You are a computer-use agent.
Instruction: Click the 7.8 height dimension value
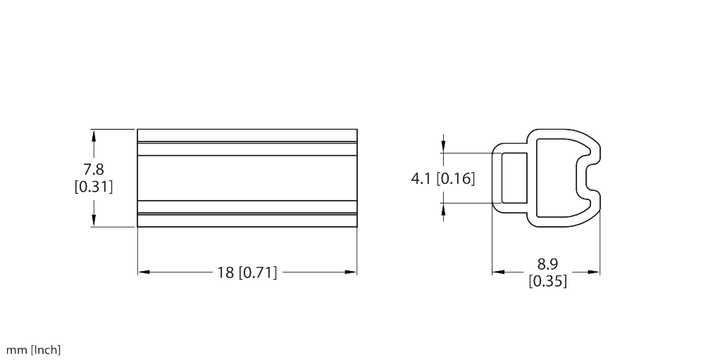point(93,170)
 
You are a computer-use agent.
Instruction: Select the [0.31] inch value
point(93,187)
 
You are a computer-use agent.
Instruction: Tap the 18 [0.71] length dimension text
point(247,273)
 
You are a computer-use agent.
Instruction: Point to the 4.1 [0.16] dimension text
point(442,178)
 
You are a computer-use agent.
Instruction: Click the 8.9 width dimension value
point(547,265)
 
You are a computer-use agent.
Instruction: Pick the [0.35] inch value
point(547,281)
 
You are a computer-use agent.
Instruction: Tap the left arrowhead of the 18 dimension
point(142,272)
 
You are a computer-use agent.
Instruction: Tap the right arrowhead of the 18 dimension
point(352,272)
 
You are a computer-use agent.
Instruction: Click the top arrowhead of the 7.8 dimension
point(93,133)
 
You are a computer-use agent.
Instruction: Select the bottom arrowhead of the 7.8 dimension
point(93,222)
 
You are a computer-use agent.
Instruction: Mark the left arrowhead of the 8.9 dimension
point(497,271)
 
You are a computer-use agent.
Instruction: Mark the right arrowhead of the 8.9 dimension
point(595,271)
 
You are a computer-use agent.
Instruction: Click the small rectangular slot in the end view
point(514,178)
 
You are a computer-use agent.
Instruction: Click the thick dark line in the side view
point(247,213)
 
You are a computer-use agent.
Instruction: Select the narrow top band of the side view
point(247,135)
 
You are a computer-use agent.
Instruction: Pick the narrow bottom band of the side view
point(247,221)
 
